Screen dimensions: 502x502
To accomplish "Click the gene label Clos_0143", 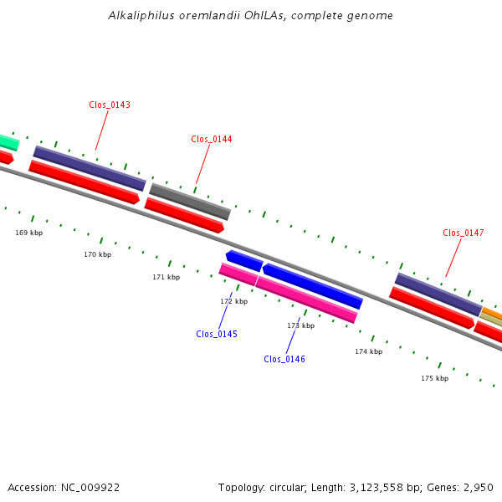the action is (110, 105).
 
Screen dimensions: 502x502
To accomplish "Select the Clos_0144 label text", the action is (212, 139).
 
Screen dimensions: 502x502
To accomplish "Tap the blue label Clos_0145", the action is (217, 334).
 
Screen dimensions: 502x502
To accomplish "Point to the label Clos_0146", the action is (284, 359).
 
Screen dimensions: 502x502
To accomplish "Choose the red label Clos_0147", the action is (464, 233).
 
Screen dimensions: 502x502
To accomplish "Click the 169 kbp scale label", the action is (28, 233).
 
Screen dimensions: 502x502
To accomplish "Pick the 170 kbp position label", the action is (98, 254).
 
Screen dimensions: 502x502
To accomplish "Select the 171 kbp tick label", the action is (166, 277).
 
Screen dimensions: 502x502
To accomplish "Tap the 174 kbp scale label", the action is (368, 351).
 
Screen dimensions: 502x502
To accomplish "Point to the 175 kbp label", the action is (435, 378).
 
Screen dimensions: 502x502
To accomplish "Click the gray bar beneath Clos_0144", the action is (190, 202).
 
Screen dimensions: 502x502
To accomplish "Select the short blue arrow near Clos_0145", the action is (244, 260).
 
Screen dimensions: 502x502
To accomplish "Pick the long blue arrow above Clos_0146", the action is (313, 286).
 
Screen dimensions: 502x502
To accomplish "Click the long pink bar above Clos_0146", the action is (306, 300).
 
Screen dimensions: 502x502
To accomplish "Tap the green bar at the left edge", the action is (9, 142).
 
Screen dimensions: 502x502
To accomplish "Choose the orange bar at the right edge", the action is (492, 314).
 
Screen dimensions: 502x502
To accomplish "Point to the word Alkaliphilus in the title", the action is (141, 15).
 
